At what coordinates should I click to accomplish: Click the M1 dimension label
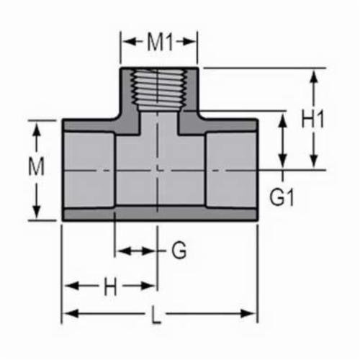click(158, 42)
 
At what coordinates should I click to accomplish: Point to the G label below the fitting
click(179, 251)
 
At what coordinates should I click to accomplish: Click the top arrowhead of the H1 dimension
click(314, 74)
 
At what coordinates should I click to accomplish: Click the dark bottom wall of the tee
click(158, 215)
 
